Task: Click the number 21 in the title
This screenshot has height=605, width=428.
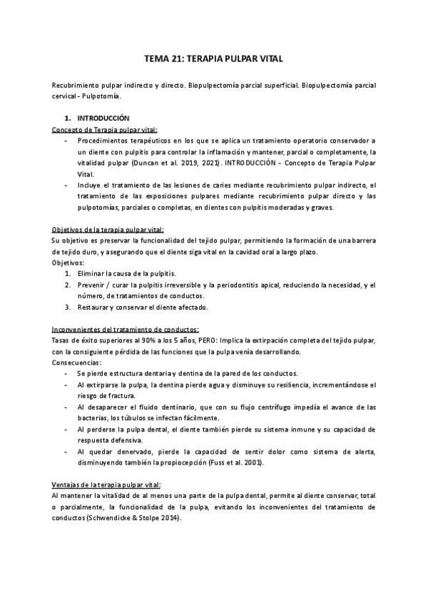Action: [x=178, y=61]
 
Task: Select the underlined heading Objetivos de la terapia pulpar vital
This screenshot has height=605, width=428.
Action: [x=108, y=229]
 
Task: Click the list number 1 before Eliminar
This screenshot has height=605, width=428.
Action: [x=68, y=274]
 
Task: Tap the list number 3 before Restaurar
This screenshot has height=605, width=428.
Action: [x=68, y=307]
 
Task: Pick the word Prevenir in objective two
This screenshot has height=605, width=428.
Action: [x=93, y=285]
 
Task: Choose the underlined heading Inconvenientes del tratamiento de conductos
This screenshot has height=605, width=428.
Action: [x=125, y=330]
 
